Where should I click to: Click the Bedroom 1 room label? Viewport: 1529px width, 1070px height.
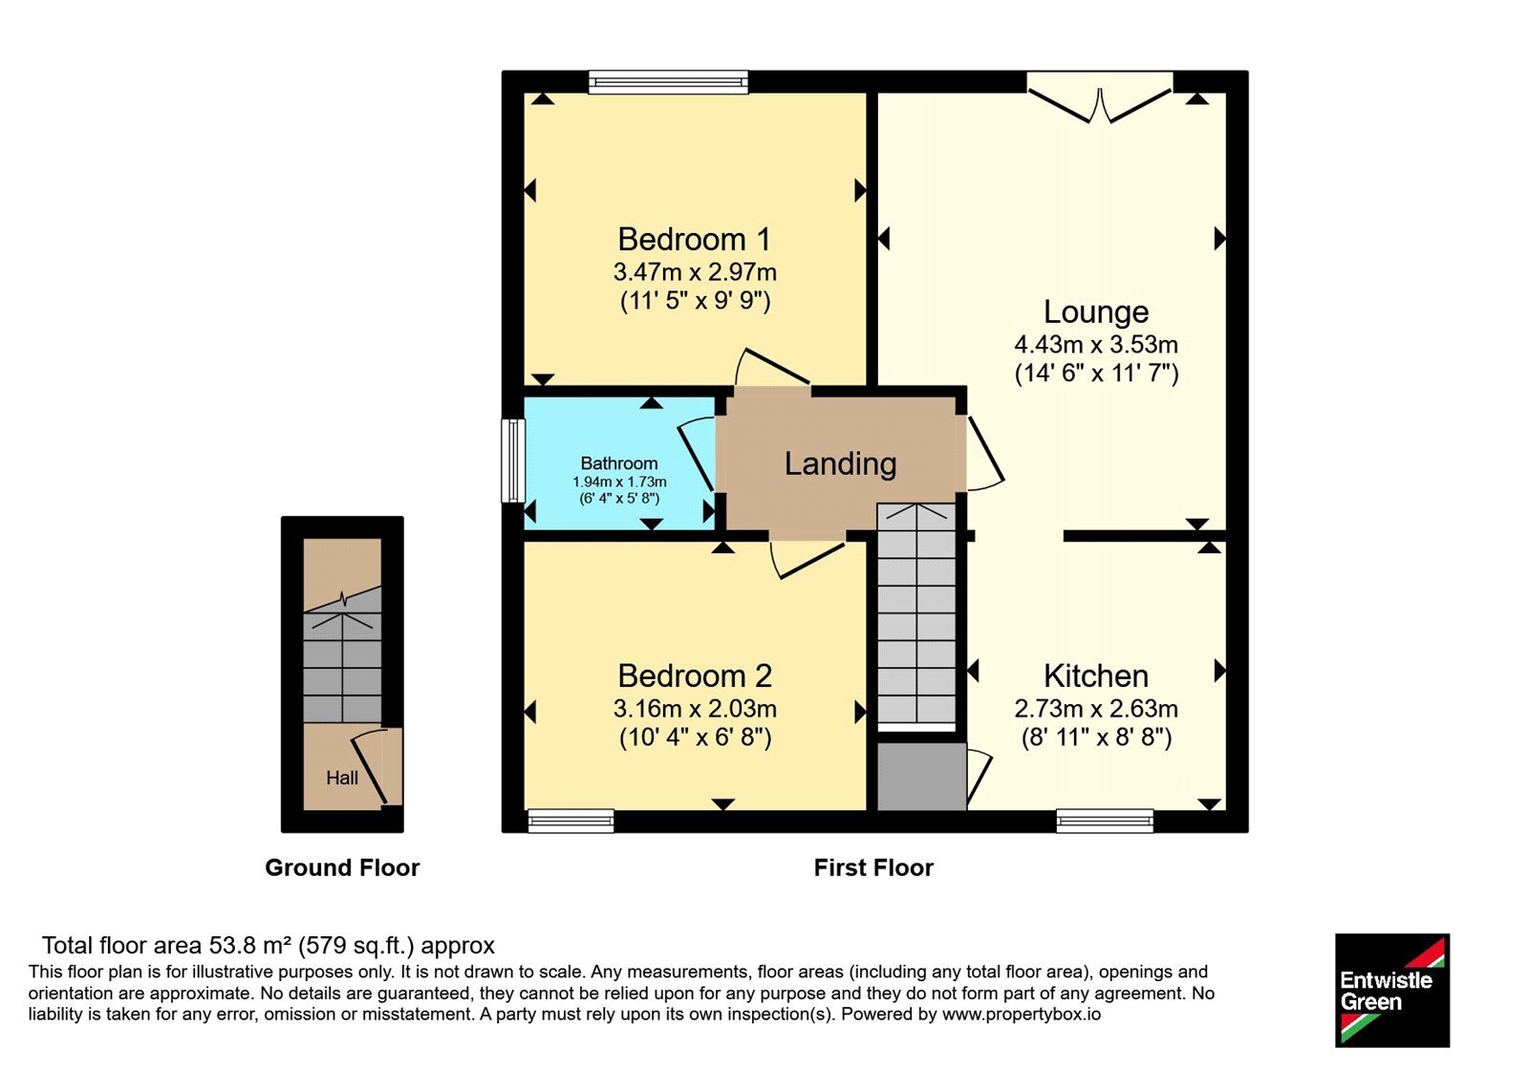694,240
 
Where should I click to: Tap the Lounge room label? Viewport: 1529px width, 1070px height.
1095,311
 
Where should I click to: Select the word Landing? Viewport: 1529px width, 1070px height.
840,464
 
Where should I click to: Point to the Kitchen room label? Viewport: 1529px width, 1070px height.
1095,676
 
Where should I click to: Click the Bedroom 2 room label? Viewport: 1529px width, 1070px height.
694,676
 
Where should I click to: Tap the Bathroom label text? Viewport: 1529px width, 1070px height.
619,463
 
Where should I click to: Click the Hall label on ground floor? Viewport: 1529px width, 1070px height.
342,778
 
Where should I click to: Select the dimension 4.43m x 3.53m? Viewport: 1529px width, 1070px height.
1095,345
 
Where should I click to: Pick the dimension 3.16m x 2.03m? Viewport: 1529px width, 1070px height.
694,709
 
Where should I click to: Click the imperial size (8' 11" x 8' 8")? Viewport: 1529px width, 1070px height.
1096,738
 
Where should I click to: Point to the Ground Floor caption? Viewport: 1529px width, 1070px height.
342,867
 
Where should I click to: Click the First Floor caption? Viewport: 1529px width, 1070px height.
873,867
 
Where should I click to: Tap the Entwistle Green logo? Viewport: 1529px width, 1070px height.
1391,990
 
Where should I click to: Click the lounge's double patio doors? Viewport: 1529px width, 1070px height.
1100,97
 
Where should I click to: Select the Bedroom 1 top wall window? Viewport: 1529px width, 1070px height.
668,82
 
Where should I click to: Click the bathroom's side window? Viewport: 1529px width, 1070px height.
513,460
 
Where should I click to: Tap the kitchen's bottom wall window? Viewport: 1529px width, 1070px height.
1105,821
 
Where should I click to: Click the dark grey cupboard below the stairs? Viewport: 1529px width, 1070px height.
921,776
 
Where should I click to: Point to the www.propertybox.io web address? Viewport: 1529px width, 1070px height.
1022,1014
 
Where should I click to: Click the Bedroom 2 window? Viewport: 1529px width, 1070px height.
571,821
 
